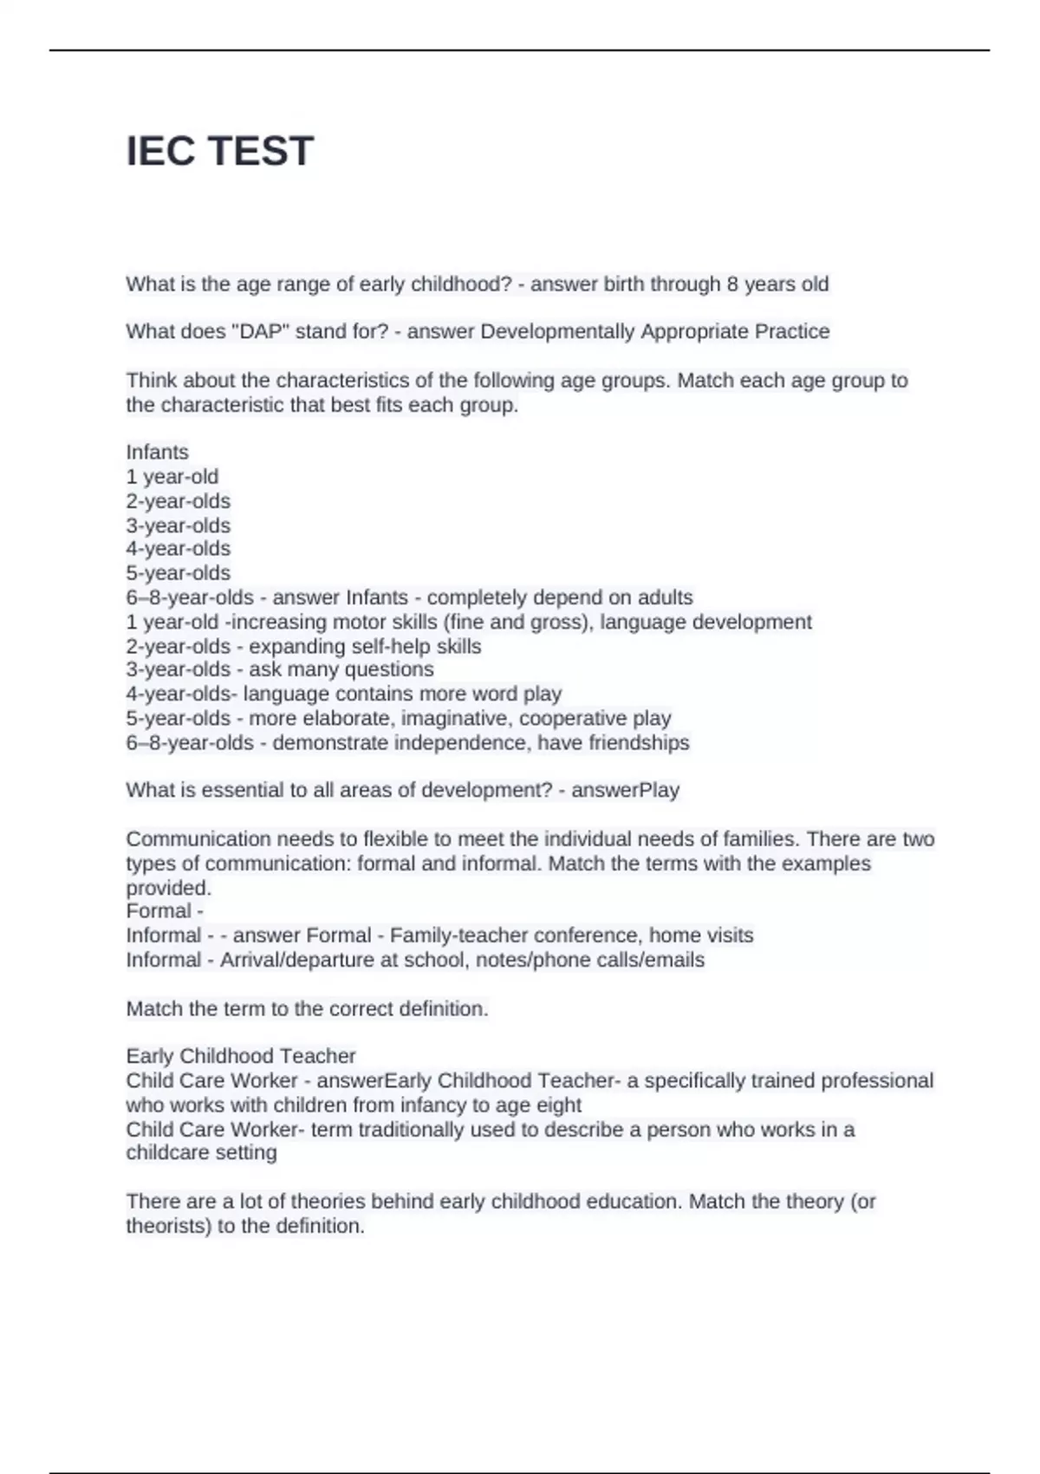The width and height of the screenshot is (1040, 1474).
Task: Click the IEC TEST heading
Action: pos(220,151)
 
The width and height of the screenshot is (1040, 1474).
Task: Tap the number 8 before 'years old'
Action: pos(733,284)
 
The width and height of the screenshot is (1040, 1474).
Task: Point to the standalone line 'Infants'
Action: pos(157,452)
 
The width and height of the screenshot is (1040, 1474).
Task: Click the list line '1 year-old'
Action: pos(172,476)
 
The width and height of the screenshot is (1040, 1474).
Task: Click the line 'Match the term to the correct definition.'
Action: pos(308,1008)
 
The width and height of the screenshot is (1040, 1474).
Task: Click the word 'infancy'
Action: pos(454,1105)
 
